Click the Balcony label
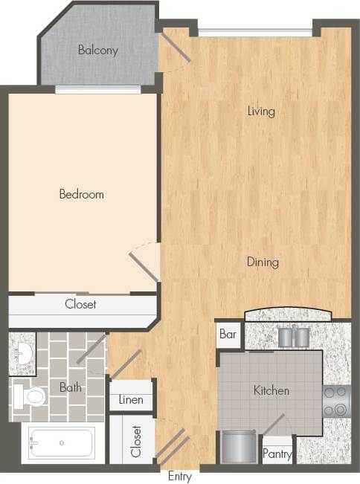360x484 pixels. pyautogui.click(x=98, y=51)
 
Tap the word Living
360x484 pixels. pyautogui.click(x=261, y=112)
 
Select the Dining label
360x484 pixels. pyautogui.click(x=263, y=262)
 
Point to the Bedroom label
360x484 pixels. pyautogui.click(x=81, y=194)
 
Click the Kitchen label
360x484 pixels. pyautogui.click(x=271, y=390)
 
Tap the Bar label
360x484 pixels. pyautogui.click(x=228, y=335)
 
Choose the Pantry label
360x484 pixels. pyautogui.click(x=277, y=454)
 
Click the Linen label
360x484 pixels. pyautogui.click(x=131, y=400)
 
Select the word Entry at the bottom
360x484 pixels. pyautogui.click(x=181, y=476)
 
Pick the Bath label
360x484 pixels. pyautogui.click(x=71, y=387)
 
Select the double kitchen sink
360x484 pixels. pyautogui.click(x=293, y=336)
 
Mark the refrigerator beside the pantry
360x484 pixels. pyautogui.click(x=240, y=448)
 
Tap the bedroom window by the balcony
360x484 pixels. pyautogui.click(x=98, y=90)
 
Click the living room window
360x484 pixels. pyautogui.click(x=254, y=32)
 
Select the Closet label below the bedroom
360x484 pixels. pyautogui.click(x=80, y=304)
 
